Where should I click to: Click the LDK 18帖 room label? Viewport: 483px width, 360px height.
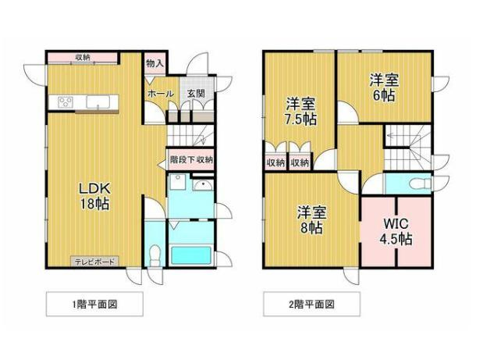click(x=94, y=196)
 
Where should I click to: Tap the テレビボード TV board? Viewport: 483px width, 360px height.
click(x=94, y=262)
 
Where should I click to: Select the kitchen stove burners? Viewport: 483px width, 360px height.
click(x=66, y=102)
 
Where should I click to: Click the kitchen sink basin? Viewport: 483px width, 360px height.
click(x=98, y=102)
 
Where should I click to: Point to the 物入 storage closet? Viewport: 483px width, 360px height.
click(x=155, y=64)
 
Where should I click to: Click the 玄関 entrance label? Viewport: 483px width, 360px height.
click(x=196, y=93)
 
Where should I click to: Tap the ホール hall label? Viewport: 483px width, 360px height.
click(x=161, y=93)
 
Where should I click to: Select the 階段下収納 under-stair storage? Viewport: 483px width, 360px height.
click(x=190, y=160)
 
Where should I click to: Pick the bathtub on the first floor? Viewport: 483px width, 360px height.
click(x=191, y=255)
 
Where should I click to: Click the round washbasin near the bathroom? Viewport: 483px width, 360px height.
click(x=203, y=186)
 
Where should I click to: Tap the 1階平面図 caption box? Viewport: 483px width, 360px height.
click(x=94, y=304)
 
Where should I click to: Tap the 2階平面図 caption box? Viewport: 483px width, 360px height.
click(x=312, y=304)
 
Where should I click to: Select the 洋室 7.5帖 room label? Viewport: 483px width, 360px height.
click(x=301, y=111)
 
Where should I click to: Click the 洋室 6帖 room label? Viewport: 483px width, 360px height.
click(x=384, y=87)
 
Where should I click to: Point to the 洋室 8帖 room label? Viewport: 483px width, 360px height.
click(x=312, y=219)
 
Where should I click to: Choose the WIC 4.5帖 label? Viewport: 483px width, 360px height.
click(x=396, y=231)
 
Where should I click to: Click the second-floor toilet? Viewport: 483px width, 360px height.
click(x=420, y=184)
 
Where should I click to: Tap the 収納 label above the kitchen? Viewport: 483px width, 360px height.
click(x=83, y=57)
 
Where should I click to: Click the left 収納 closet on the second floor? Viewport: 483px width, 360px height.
click(x=275, y=162)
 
